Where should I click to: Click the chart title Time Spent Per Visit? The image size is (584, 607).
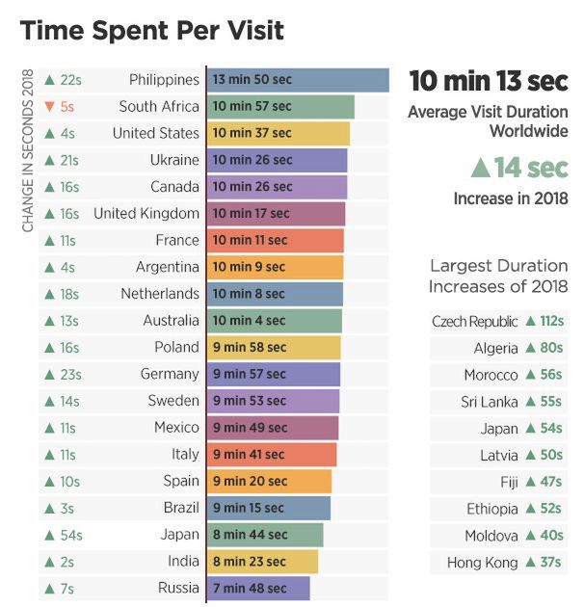pos(152,31)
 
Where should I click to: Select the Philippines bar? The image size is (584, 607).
pos(297,80)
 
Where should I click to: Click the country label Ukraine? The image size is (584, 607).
pos(174,160)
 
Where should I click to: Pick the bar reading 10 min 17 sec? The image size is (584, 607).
pos(276,213)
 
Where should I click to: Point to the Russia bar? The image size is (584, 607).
pos(258,588)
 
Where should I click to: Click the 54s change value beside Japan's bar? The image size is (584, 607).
pos(64,535)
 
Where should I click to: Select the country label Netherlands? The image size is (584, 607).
pos(160,294)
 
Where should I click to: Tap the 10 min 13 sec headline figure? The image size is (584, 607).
pos(488,81)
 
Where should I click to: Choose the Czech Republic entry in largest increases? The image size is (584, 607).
pos(474,322)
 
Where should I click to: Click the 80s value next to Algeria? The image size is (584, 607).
pos(544,348)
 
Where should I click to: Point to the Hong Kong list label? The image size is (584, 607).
pos(482,563)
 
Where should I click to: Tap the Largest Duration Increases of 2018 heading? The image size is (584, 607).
pos(498,276)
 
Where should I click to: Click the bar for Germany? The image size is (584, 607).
pos(274,374)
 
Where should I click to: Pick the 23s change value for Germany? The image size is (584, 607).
pos(64,374)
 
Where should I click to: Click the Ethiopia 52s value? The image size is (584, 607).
pos(544,509)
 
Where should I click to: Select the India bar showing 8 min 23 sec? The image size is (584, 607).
pos(262,561)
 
